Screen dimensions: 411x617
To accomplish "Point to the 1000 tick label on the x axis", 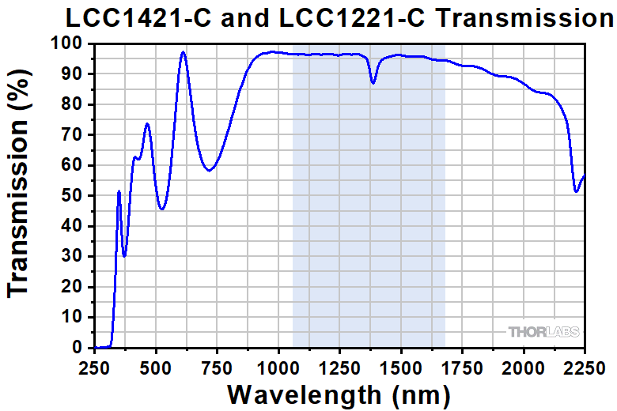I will [278, 367].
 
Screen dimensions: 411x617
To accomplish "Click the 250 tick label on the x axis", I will [95, 367].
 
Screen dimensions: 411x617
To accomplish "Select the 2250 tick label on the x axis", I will [584, 367].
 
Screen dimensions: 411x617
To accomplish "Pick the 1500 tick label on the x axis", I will [401, 367].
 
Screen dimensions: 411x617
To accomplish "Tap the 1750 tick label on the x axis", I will [462, 367].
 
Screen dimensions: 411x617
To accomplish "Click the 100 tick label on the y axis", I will [70, 43].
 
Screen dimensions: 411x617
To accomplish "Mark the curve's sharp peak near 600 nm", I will [183, 52].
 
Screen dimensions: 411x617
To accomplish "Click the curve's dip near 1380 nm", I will [373, 83].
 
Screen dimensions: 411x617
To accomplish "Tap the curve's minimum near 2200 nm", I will [576, 190].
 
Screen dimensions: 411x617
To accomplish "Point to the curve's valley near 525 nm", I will [161, 209].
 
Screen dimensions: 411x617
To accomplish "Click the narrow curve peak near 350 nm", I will [119, 191].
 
